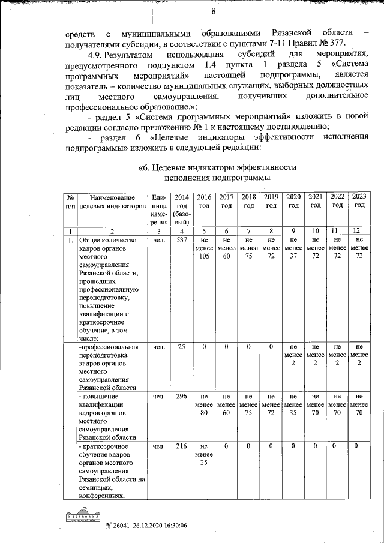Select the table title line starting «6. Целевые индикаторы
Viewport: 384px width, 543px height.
217,167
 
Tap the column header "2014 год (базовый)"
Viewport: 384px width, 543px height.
181,209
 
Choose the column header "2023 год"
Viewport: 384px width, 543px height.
359,200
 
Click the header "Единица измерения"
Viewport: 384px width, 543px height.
159,209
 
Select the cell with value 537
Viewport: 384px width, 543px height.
181,241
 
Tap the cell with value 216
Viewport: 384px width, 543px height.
181,446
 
